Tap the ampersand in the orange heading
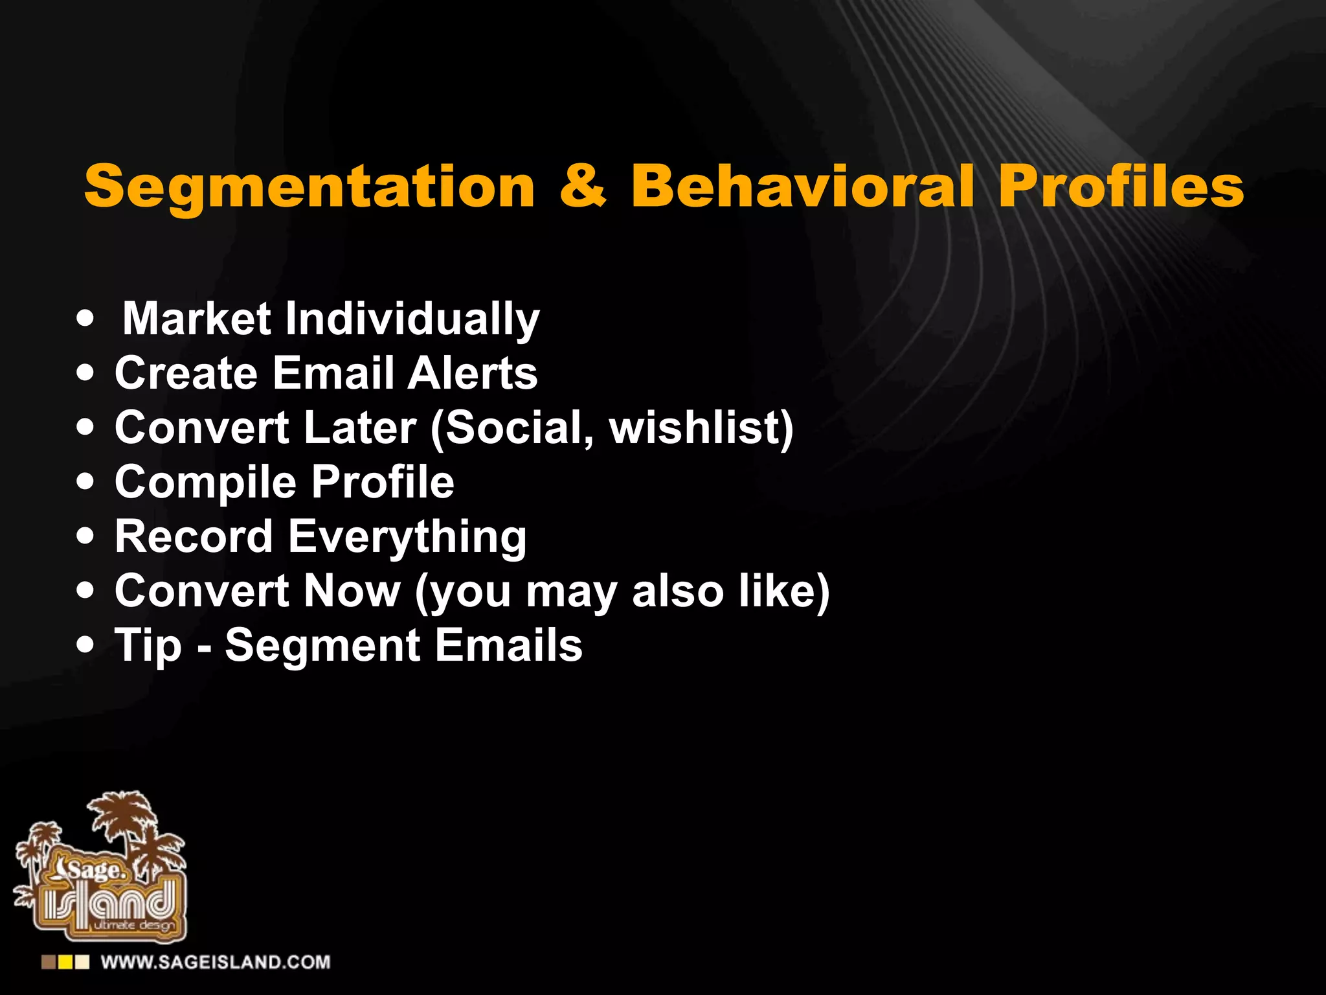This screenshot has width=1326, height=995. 583,186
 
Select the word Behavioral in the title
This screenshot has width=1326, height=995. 802,186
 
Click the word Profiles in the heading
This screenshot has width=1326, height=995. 1120,186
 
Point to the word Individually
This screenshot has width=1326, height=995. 412,319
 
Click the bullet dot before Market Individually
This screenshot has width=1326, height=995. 85,319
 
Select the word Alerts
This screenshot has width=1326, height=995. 473,373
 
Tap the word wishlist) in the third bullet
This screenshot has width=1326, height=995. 701,428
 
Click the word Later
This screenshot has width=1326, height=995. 360,428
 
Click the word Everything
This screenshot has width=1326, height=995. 407,537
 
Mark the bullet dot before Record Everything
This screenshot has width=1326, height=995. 85,536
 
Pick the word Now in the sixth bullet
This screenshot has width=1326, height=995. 352,591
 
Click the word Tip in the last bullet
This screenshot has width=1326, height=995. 148,646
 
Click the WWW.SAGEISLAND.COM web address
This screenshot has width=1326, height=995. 216,962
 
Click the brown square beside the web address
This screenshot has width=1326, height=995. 49,962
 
